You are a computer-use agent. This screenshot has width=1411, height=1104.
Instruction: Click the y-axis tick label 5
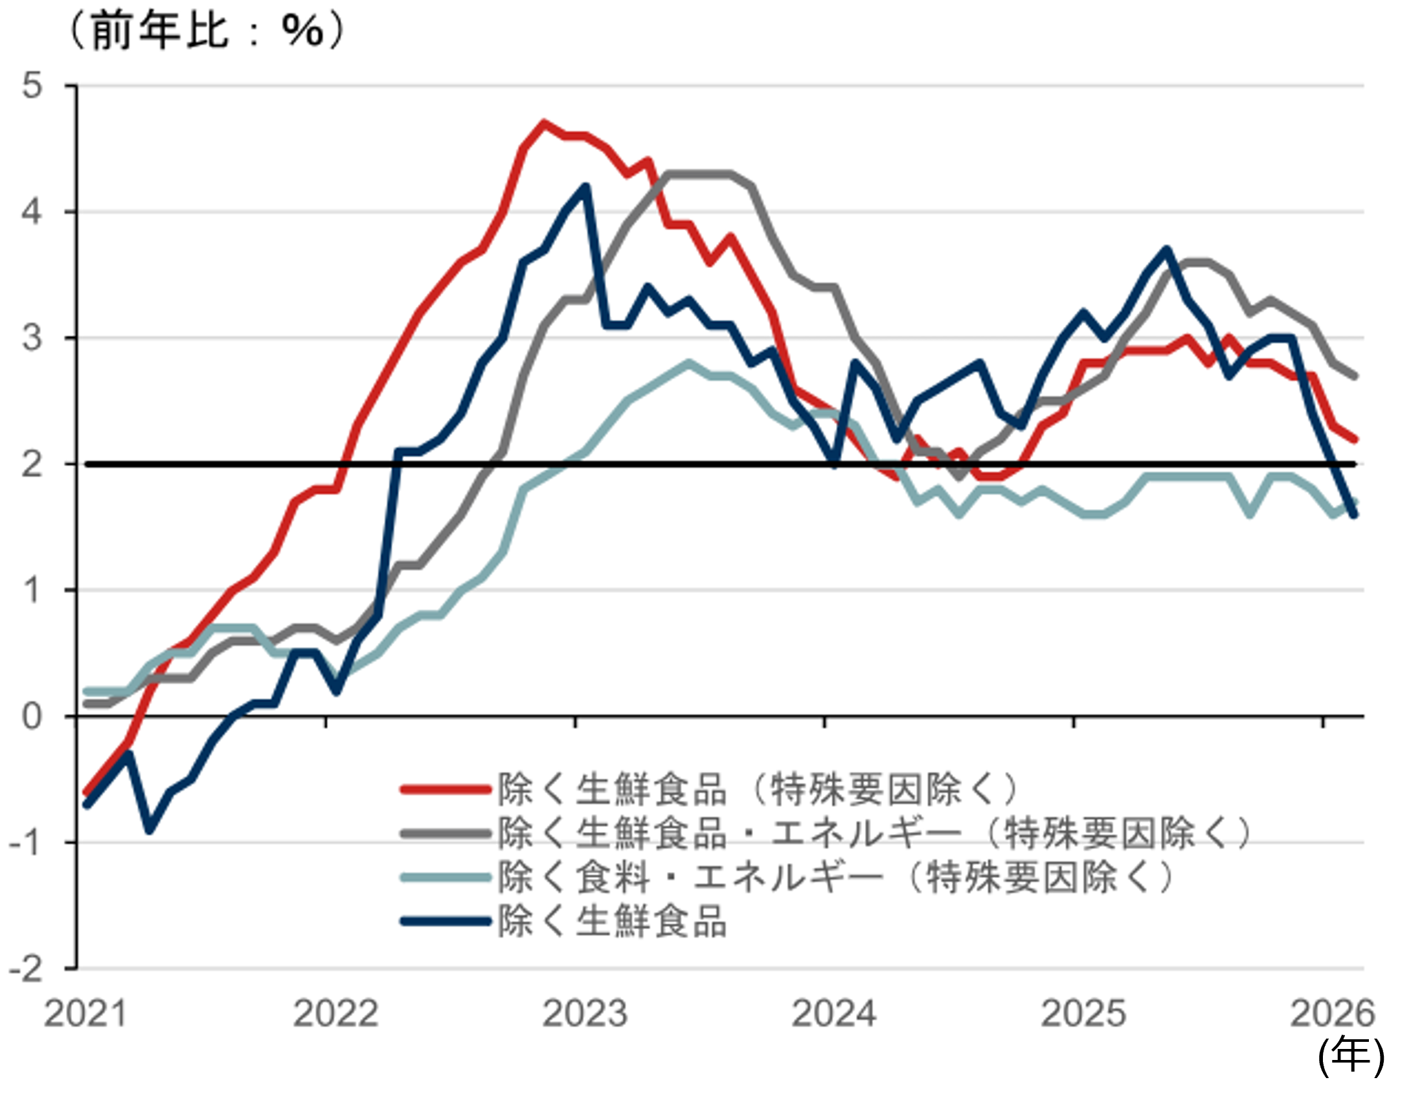click(x=32, y=85)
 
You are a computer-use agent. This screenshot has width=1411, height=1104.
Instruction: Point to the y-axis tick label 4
click(x=32, y=212)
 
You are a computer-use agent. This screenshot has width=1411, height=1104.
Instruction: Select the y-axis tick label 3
click(x=32, y=338)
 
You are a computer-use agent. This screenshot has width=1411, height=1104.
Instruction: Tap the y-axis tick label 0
click(x=32, y=716)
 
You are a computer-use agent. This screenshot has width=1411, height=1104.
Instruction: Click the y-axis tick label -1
click(x=26, y=842)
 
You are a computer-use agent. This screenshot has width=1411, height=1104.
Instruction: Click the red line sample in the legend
click(x=446, y=789)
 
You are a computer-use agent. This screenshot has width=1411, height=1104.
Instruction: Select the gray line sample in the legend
click(x=446, y=833)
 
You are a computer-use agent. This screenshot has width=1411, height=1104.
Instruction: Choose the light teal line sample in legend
click(x=446, y=877)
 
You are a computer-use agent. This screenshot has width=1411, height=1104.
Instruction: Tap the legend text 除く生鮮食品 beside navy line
click(x=612, y=921)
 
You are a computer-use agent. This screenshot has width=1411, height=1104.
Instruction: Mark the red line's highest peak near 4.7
click(x=543, y=123)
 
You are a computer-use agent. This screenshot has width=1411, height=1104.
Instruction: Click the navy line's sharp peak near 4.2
click(x=586, y=186)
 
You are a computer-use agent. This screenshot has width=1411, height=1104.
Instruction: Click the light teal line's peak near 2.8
click(x=689, y=363)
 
